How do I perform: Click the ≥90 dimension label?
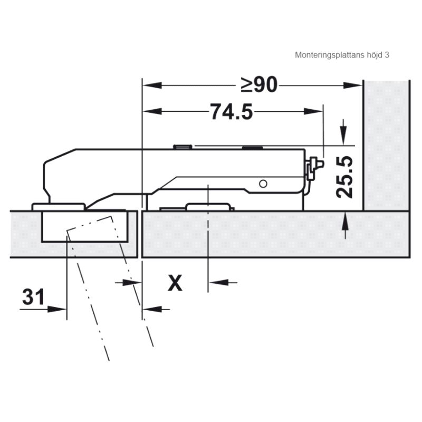click(x=259, y=85)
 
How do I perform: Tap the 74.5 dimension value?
click(x=232, y=112)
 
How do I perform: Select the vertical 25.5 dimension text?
click(x=344, y=177)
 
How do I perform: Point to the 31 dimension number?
click(x=33, y=296)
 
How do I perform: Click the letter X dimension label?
click(x=175, y=283)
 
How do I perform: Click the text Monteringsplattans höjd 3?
click(x=342, y=55)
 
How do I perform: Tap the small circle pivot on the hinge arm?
click(x=263, y=184)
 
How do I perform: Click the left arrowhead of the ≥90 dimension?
click(x=152, y=85)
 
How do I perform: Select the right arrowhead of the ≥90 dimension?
click(x=352, y=85)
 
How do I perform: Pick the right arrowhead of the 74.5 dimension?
click(x=313, y=111)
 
